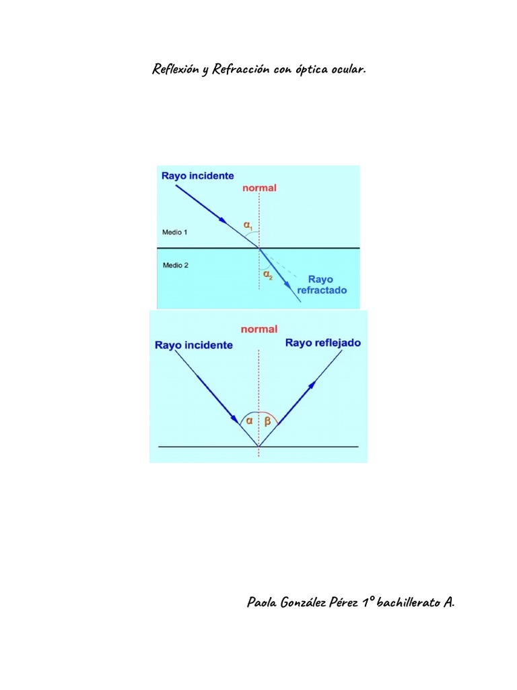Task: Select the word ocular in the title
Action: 347,70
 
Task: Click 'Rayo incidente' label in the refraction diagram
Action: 198,176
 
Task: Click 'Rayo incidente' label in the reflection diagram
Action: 194,345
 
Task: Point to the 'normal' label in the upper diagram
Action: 259,188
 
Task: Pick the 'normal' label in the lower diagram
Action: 259,330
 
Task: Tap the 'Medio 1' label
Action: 175,232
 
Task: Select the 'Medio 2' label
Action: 175,265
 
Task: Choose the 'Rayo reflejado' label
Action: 323,343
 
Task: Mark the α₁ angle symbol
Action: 248,226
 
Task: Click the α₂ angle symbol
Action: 267,274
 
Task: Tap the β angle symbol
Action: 267,421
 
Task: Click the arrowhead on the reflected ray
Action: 312,385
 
